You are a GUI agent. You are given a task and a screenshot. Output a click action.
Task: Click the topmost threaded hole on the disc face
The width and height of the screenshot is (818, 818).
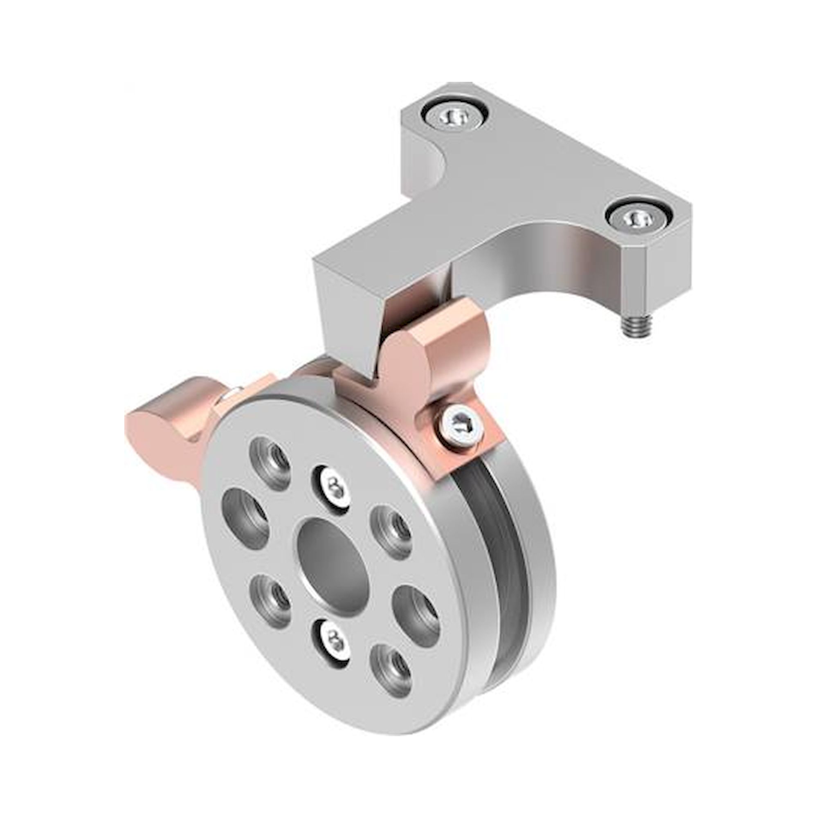coord(271,466)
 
